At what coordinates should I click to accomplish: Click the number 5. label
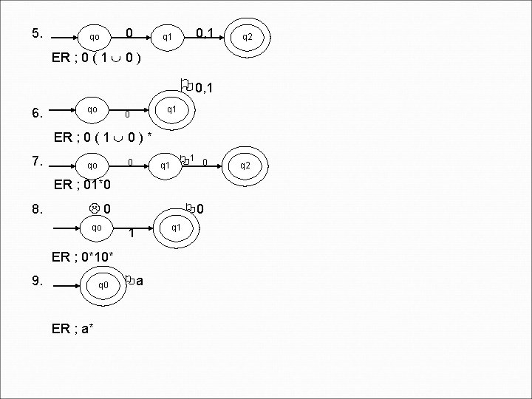[38, 33]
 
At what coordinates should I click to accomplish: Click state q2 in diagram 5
[248, 37]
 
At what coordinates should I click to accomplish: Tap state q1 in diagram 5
[168, 36]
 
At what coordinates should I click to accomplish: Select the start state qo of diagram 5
[94, 36]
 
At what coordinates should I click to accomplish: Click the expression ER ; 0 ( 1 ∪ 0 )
[97, 58]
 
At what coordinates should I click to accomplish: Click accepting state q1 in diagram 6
[171, 109]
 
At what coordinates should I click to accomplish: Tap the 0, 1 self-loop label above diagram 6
[200, 89]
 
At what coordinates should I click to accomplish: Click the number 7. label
[38, 161]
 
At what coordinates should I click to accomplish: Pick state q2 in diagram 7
[245, 165]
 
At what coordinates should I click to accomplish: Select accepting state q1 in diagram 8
[176, 228]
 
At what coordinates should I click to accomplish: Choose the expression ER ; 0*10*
[83, 257]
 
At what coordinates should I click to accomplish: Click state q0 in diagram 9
[103, 284]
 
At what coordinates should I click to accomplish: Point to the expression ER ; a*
[72, 328]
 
